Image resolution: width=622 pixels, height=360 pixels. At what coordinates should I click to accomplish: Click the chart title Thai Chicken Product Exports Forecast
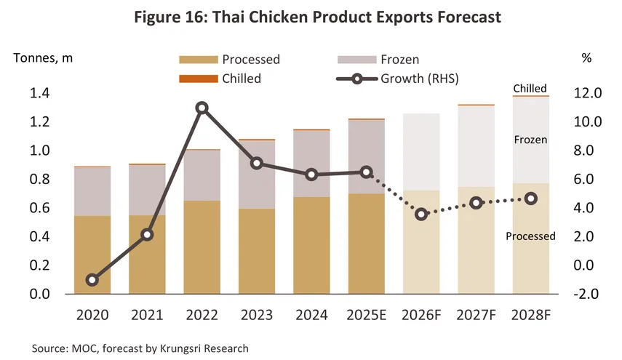pyautogui.click(x=311, y=17)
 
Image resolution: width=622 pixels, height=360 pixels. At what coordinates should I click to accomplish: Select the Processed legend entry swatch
pyautogui.click(x=198, y=60)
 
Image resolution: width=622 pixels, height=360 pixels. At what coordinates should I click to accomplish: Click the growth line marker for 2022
pyautogui.click(x=202, y=108)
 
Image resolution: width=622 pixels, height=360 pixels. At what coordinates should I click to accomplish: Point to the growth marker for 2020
pyautogui.click(x=92, y=280)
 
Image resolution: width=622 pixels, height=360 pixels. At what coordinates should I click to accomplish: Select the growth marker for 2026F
pyautogui.click(x=421, y=215)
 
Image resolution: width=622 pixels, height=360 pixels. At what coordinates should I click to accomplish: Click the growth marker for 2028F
pyautogui.click(x=531, y=199)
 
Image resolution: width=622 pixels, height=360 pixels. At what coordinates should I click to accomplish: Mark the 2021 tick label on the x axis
pyautogui.click(x=147, y=315)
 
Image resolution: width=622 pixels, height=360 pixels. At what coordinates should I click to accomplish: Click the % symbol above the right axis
pyautogui.click(x=586, y=59)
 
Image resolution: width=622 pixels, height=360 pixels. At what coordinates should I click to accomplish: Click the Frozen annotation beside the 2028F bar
pyautogui.click(x=530, y=139)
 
